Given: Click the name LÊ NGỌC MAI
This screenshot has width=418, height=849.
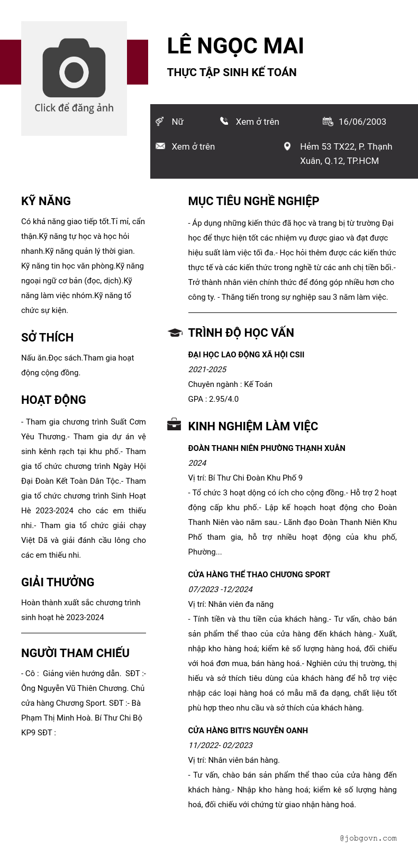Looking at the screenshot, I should [x=235, y=46].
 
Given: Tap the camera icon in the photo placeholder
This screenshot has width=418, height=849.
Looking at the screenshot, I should [x=74, y=68].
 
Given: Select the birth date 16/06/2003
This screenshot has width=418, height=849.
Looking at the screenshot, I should [x=362, y=122].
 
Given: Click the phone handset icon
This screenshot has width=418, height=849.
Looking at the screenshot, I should [x=224, y=121].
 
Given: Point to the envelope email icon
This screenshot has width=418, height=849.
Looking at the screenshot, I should [x=160, y=146].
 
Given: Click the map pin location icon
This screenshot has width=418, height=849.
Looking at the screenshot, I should [x=287, y=146].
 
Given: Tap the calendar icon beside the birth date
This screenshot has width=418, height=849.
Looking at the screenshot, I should [x=328, y=122].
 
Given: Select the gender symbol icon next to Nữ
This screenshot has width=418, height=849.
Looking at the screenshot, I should [x=159, y=122].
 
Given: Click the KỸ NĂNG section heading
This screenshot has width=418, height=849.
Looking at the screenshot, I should [x=46, y=201].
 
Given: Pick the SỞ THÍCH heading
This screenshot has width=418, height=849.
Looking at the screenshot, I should [x=47, y=337].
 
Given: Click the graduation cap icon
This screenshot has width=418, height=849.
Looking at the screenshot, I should [x=175, y=333].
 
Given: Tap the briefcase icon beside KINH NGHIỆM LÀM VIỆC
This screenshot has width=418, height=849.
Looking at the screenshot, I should [x=174, y=424].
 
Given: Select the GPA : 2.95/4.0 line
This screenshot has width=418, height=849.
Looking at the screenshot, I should [x=213, y=399].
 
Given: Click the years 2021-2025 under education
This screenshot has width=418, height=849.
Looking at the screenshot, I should [x=207, y=370].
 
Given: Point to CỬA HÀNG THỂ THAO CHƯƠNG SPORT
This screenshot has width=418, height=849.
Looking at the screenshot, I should [x=259, y=575].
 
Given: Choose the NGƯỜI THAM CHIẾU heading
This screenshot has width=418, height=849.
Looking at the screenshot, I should [x=75, y=653].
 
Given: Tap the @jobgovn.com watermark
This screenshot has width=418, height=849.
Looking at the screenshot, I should [x=368, y=838].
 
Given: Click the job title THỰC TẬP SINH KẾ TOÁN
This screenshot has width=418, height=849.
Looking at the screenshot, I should [x=232, y=72].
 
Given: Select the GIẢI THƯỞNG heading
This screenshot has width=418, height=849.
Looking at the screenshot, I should [x=58, y=582].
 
